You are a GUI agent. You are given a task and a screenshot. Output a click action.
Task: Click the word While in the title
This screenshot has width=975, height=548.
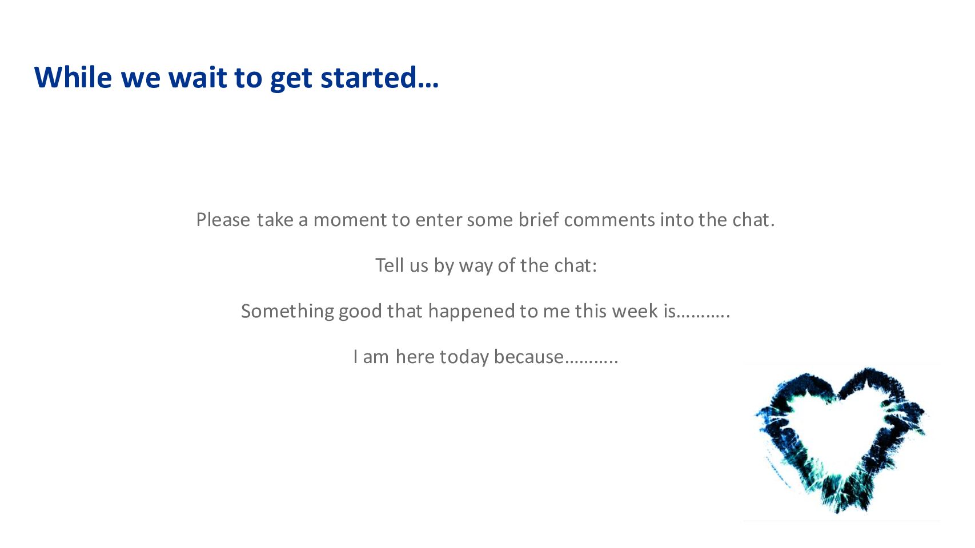click(x=73, y=78)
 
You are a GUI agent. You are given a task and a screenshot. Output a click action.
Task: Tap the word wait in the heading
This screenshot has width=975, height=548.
click(x=197, y=78)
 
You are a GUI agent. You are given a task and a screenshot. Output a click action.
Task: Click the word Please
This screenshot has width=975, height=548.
click(x=223, y=220)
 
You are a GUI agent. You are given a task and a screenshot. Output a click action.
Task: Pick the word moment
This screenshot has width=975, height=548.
click(x=350, y=220)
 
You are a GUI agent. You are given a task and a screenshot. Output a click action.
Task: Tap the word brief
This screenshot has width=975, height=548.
click(x=538, y=219)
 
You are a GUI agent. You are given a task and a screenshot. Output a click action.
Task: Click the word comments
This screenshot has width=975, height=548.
click(x=609, y=220)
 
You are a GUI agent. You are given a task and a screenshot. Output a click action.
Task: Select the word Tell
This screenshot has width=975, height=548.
click(x=390, y=265)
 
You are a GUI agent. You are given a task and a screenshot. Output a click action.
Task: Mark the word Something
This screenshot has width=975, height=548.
click(x=287, y=312)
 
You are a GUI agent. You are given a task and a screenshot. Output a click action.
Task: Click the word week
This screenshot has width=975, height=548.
click(x=635, y=311)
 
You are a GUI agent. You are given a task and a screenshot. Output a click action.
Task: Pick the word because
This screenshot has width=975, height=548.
click(x=528, y=357)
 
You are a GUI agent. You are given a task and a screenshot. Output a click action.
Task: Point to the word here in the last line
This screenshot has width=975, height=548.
click(x=415, y=357)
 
